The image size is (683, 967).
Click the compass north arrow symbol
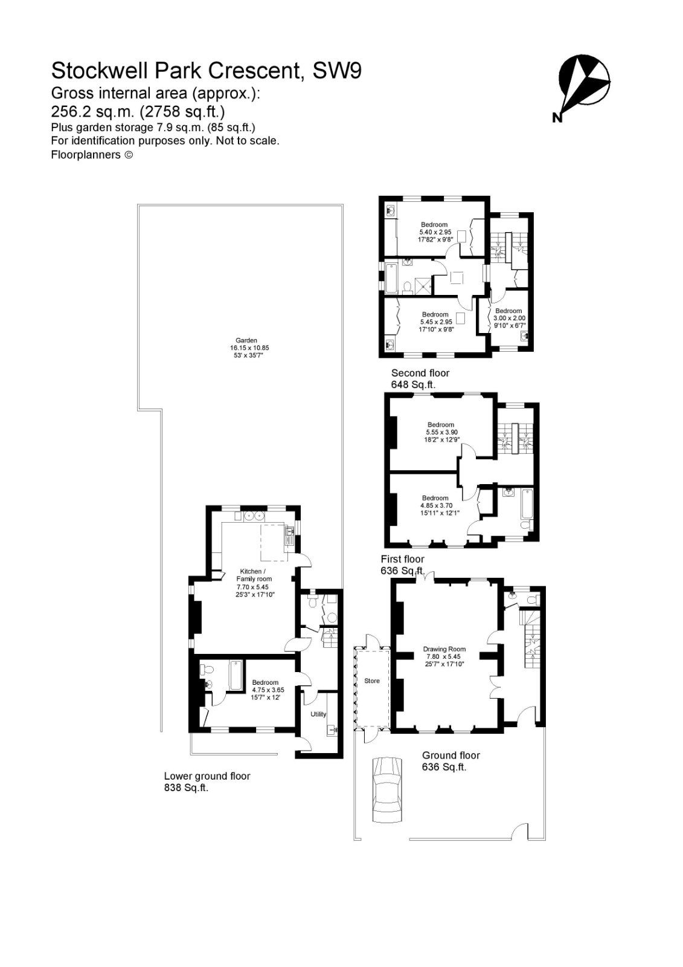tap(583, 81)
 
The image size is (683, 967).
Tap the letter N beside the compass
tap(556, 118)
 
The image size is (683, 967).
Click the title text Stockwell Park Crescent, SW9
tap(206, 71)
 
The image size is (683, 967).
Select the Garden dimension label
tap(248, 348)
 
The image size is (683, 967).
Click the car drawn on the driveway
tap(386, 789)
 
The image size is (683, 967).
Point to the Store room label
tap(372, 681)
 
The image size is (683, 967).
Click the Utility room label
tap(318, 714)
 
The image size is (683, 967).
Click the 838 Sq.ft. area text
tap(186, 788)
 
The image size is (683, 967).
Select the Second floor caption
tap(420, 373)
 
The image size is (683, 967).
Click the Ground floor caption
tap(451, 755)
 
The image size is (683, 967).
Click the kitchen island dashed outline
tap(272, 543)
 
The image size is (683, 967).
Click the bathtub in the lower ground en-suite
tap(234, 675)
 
